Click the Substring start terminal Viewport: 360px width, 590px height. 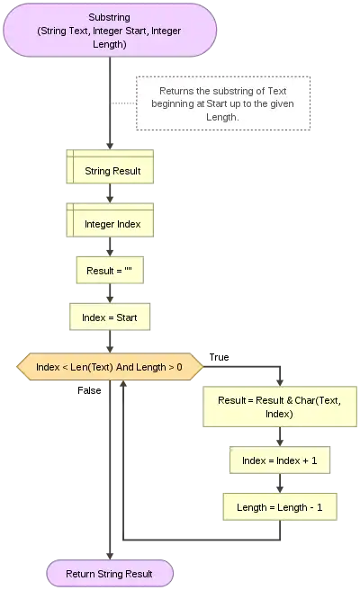pos(110,31)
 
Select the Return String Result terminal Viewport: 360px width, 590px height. pos(110,574)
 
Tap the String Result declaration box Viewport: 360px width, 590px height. pos(110,166)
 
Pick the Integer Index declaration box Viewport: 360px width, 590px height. pos(110,220)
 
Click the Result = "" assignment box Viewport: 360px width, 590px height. pos(110,270)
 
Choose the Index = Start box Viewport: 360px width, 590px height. pos(110,317)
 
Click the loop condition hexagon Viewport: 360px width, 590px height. pos(110,366)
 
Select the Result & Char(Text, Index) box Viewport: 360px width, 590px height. pos(280,407)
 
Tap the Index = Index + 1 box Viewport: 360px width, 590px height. pos(280,460)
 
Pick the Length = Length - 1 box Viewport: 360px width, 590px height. pos(280,507)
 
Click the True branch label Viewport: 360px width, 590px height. pos(220,357)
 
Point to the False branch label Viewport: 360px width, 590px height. pos(89,390)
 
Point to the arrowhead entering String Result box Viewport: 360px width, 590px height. pos(110,146)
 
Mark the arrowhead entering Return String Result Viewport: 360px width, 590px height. pos(110,556)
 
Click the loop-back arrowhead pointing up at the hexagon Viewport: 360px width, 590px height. pos(123,383)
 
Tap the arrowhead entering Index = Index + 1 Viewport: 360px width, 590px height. pos(280,442)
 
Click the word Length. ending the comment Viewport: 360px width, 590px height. pos(222,117)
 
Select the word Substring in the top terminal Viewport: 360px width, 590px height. pos(110,17)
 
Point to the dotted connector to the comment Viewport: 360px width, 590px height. pos(123,103)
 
